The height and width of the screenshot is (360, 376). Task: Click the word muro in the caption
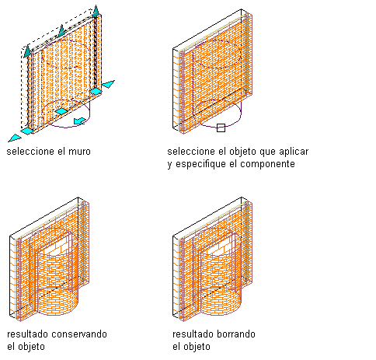pos(79,152)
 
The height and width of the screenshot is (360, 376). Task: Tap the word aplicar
pos(294,152)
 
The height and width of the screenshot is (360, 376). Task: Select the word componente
pos(267,164)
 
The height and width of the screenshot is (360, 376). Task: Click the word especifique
pos(199,164)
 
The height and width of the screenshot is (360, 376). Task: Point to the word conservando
pos(79,334)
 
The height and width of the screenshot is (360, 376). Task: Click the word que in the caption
pos(267,152)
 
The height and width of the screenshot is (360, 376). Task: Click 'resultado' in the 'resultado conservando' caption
pos(28,334)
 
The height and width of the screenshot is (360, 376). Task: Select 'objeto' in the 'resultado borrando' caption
pos(198,347)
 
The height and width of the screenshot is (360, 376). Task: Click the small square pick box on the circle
pos(221,128)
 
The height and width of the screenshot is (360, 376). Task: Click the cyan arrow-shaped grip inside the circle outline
pos(80,121)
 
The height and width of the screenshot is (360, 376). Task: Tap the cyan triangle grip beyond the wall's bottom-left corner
pos(15,138)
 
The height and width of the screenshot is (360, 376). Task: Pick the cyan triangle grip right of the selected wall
pos(109,84)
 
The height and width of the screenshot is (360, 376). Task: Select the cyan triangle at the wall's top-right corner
pos(96,11)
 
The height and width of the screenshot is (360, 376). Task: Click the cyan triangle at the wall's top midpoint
pos(61,30)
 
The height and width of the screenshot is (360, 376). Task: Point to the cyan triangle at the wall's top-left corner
pos(27,51)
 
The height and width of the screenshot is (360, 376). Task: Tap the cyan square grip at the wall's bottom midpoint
pos(61,111)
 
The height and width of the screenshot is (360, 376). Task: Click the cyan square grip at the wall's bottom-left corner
pos(27,131)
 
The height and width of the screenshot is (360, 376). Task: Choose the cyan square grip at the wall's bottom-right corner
pos(96,91)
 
